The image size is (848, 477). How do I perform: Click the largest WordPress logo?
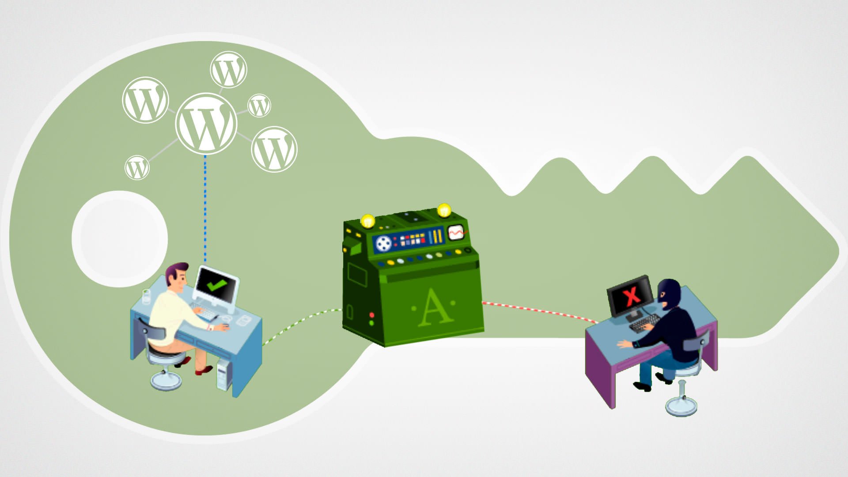click(x=206, y=123)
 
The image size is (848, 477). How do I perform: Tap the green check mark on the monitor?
click(x=216, y=285)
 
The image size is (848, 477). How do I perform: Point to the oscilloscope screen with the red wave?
click(x=456, y=232)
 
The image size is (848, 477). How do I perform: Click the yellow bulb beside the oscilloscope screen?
click(x=443, y=210)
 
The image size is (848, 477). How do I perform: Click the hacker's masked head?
click(x=669, y=291)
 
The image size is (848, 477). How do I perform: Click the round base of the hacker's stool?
click(x=681, y=405)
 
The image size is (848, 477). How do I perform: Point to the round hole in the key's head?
click(x=120, y=238)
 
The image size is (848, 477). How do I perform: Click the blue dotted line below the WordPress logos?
click(x=205, y=208)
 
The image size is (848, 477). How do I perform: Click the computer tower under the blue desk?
click(x=223, y=375)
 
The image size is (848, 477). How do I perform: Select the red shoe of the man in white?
click(x=204, y=370)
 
